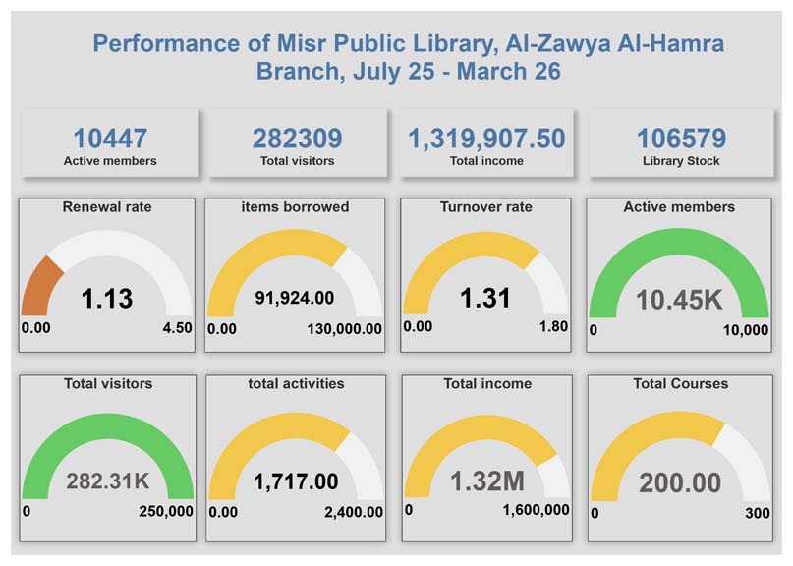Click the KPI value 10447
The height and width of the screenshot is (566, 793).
(110, 138)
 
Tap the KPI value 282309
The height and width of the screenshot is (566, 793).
(297, 138)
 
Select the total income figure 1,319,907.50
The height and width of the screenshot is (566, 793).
(486, 138)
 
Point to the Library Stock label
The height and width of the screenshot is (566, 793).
(681, 160)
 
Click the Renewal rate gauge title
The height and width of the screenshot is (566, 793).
(107, 207)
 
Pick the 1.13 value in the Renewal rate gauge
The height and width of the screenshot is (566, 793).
(106, 298)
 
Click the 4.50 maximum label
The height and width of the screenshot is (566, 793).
(177, 328)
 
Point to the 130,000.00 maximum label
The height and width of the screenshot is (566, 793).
(337, 328)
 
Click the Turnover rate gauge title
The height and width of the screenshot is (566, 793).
(486, 207)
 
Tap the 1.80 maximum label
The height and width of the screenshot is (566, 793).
(553, 326)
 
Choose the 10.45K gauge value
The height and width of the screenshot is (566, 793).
(679, 299)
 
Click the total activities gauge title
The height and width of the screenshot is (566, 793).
(296, 383)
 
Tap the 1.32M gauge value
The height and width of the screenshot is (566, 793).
(486, 481)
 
